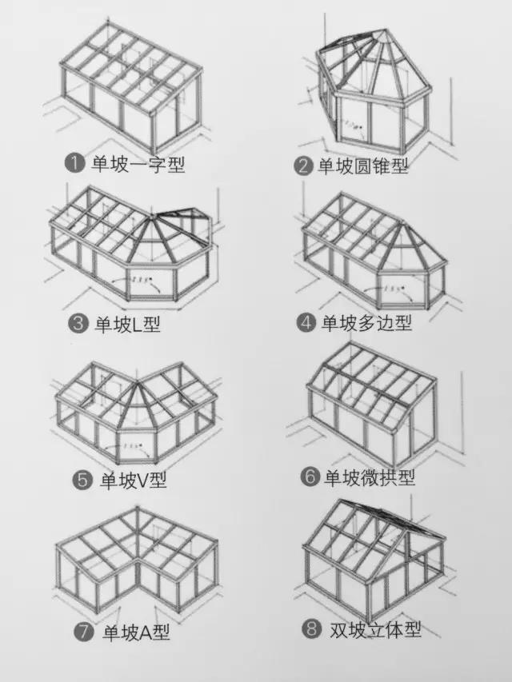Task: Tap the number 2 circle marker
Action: (x=302, y=166)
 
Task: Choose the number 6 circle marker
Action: (x=310, y=477)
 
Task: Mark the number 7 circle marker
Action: (x=84, y=632)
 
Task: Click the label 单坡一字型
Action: (x=137, y=164)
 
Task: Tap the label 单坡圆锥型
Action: (x=363, y=166)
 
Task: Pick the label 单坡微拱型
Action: (x=370, y=477)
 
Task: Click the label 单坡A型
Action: (x=134, y=632)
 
